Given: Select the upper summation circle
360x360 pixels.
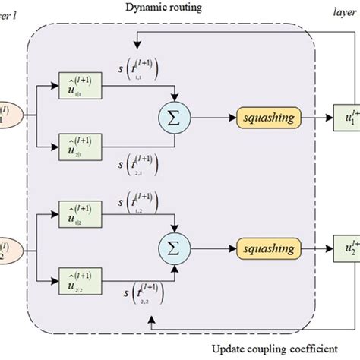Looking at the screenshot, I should tap(175, 117).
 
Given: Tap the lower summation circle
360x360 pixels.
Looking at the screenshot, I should tap(175, 247).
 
